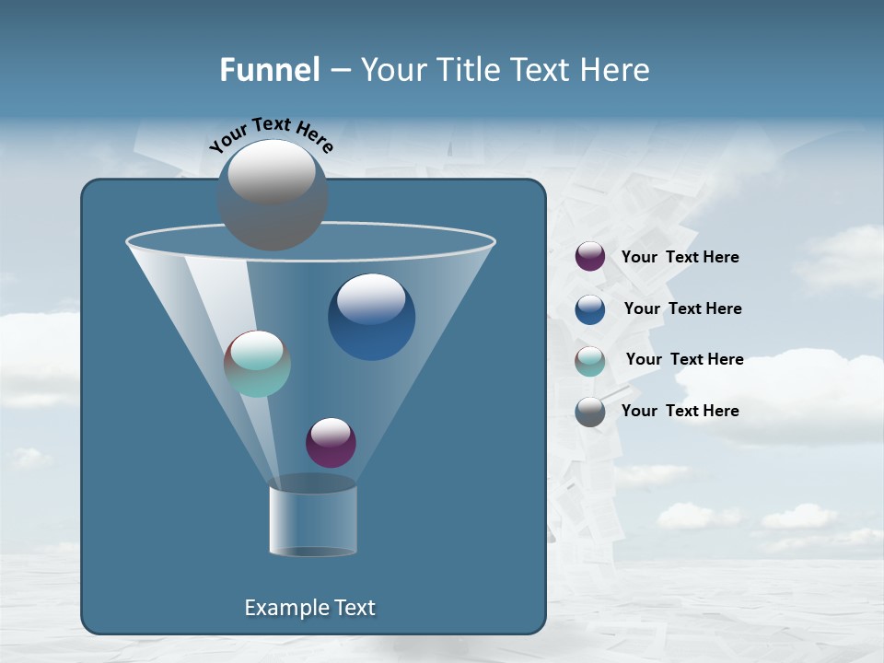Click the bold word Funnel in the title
tap(269, 70)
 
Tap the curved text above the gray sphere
tap(271, 134)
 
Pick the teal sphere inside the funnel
tap(257, 365)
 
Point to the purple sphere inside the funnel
tap(331, 443)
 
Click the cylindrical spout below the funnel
tap(313, 520)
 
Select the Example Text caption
tap(309, 608)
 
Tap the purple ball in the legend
tap(590, 257)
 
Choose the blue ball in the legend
tap(590, 309)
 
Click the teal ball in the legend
tap(590, 361)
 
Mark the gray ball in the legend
tap(590, 412)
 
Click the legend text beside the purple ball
tap(680, 258)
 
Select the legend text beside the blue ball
tap(682, 308)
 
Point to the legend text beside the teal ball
tap(684, 359)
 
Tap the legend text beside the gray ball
tap(680, 411)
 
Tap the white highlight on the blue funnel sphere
tap(371, 298)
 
